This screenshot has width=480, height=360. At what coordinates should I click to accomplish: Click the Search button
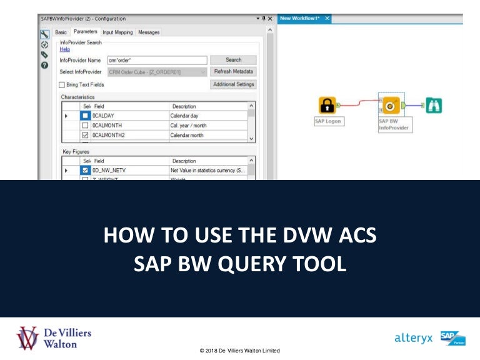[233, 60]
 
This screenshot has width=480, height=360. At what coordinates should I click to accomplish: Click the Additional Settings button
[233, 84]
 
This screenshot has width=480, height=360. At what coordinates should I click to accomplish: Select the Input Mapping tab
[117, 32]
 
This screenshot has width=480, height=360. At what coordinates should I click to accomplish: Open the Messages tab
[149, 32]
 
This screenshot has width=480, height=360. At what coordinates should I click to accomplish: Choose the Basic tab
[61, 32]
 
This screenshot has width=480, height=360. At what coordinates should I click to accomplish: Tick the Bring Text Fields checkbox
[62, 84]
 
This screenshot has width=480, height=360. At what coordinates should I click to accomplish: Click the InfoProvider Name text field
[156, 60]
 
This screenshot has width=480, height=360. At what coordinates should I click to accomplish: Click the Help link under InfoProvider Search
[64, 49]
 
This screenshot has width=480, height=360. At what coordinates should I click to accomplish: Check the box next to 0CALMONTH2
[85, 134]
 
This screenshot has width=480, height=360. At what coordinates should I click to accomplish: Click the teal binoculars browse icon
[434, 105]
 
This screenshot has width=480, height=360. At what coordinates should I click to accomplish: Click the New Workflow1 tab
[301, 19]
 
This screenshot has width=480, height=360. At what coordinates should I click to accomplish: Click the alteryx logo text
[414, 338]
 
